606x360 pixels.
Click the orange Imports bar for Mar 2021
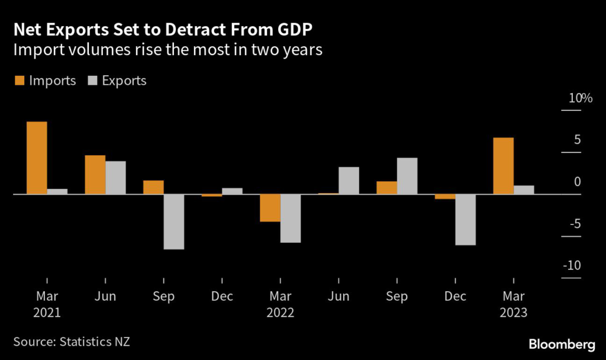click(37, 157)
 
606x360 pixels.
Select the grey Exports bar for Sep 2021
click(173, 221)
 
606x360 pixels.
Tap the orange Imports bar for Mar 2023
click(503, 166)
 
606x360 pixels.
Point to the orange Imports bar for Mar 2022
click(270, 208)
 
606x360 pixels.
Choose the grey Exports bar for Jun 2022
click(349, 181)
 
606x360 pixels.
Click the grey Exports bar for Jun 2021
click(115, 178)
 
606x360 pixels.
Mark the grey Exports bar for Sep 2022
click(407, 176)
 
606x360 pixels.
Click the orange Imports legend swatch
click(20, 81)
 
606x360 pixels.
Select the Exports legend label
click(124, 81)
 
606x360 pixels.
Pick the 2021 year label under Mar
click(46, 312)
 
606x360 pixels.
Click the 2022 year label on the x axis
click(279, 312)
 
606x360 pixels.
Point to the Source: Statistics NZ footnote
click(72, 342)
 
